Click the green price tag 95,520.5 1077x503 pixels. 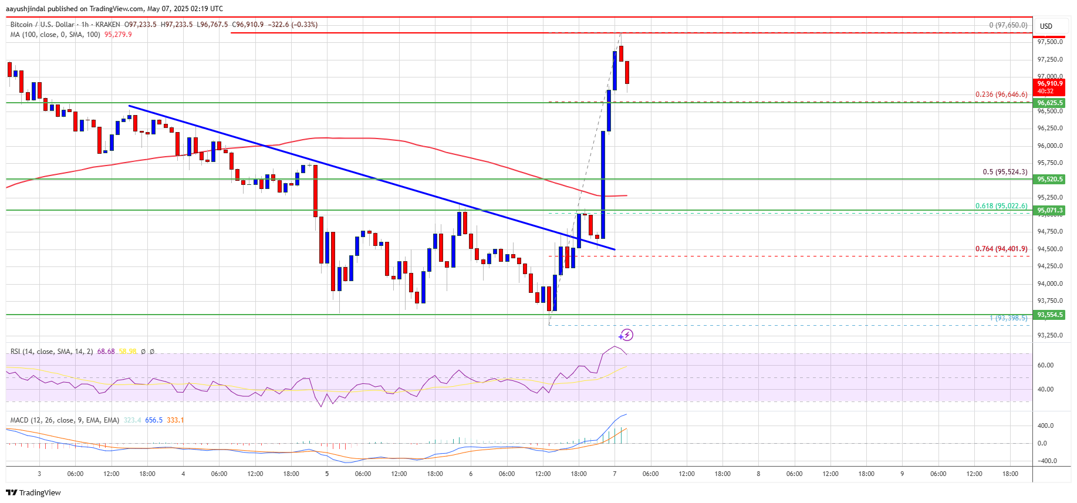(1049, 179)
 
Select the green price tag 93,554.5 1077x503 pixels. (1049, 315)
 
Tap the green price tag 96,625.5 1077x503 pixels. (1049, 103)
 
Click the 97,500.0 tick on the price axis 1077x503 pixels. (1049, 42)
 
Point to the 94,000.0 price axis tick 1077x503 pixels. (1049, 283)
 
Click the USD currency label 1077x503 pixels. (1046, 26)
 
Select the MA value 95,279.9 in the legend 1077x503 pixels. (118, 35)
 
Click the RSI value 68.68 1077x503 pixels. (106, 352)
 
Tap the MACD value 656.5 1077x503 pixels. (154, 420)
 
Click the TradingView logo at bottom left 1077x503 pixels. (33, 492)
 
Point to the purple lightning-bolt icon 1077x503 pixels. (626, 335)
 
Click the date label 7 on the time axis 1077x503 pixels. (615, 474)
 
